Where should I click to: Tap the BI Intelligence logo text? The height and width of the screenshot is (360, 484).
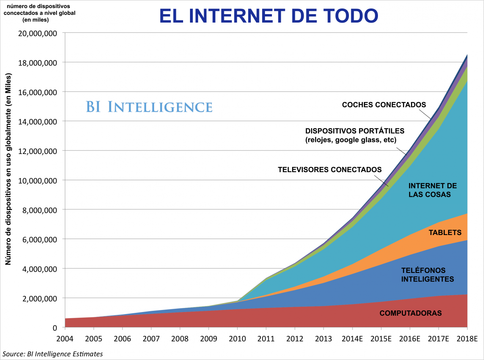(149, 107)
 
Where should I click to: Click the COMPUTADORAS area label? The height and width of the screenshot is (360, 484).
(411, 313)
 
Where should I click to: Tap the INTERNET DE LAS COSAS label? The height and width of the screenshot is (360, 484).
(432, 190)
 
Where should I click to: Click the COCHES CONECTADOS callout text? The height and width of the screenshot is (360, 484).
(384, 105)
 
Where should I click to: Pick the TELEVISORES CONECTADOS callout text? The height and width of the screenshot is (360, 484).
(330, 169)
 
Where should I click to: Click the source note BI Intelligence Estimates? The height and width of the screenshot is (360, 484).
(52, 354)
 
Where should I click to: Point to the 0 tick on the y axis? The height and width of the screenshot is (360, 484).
(54, 327)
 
